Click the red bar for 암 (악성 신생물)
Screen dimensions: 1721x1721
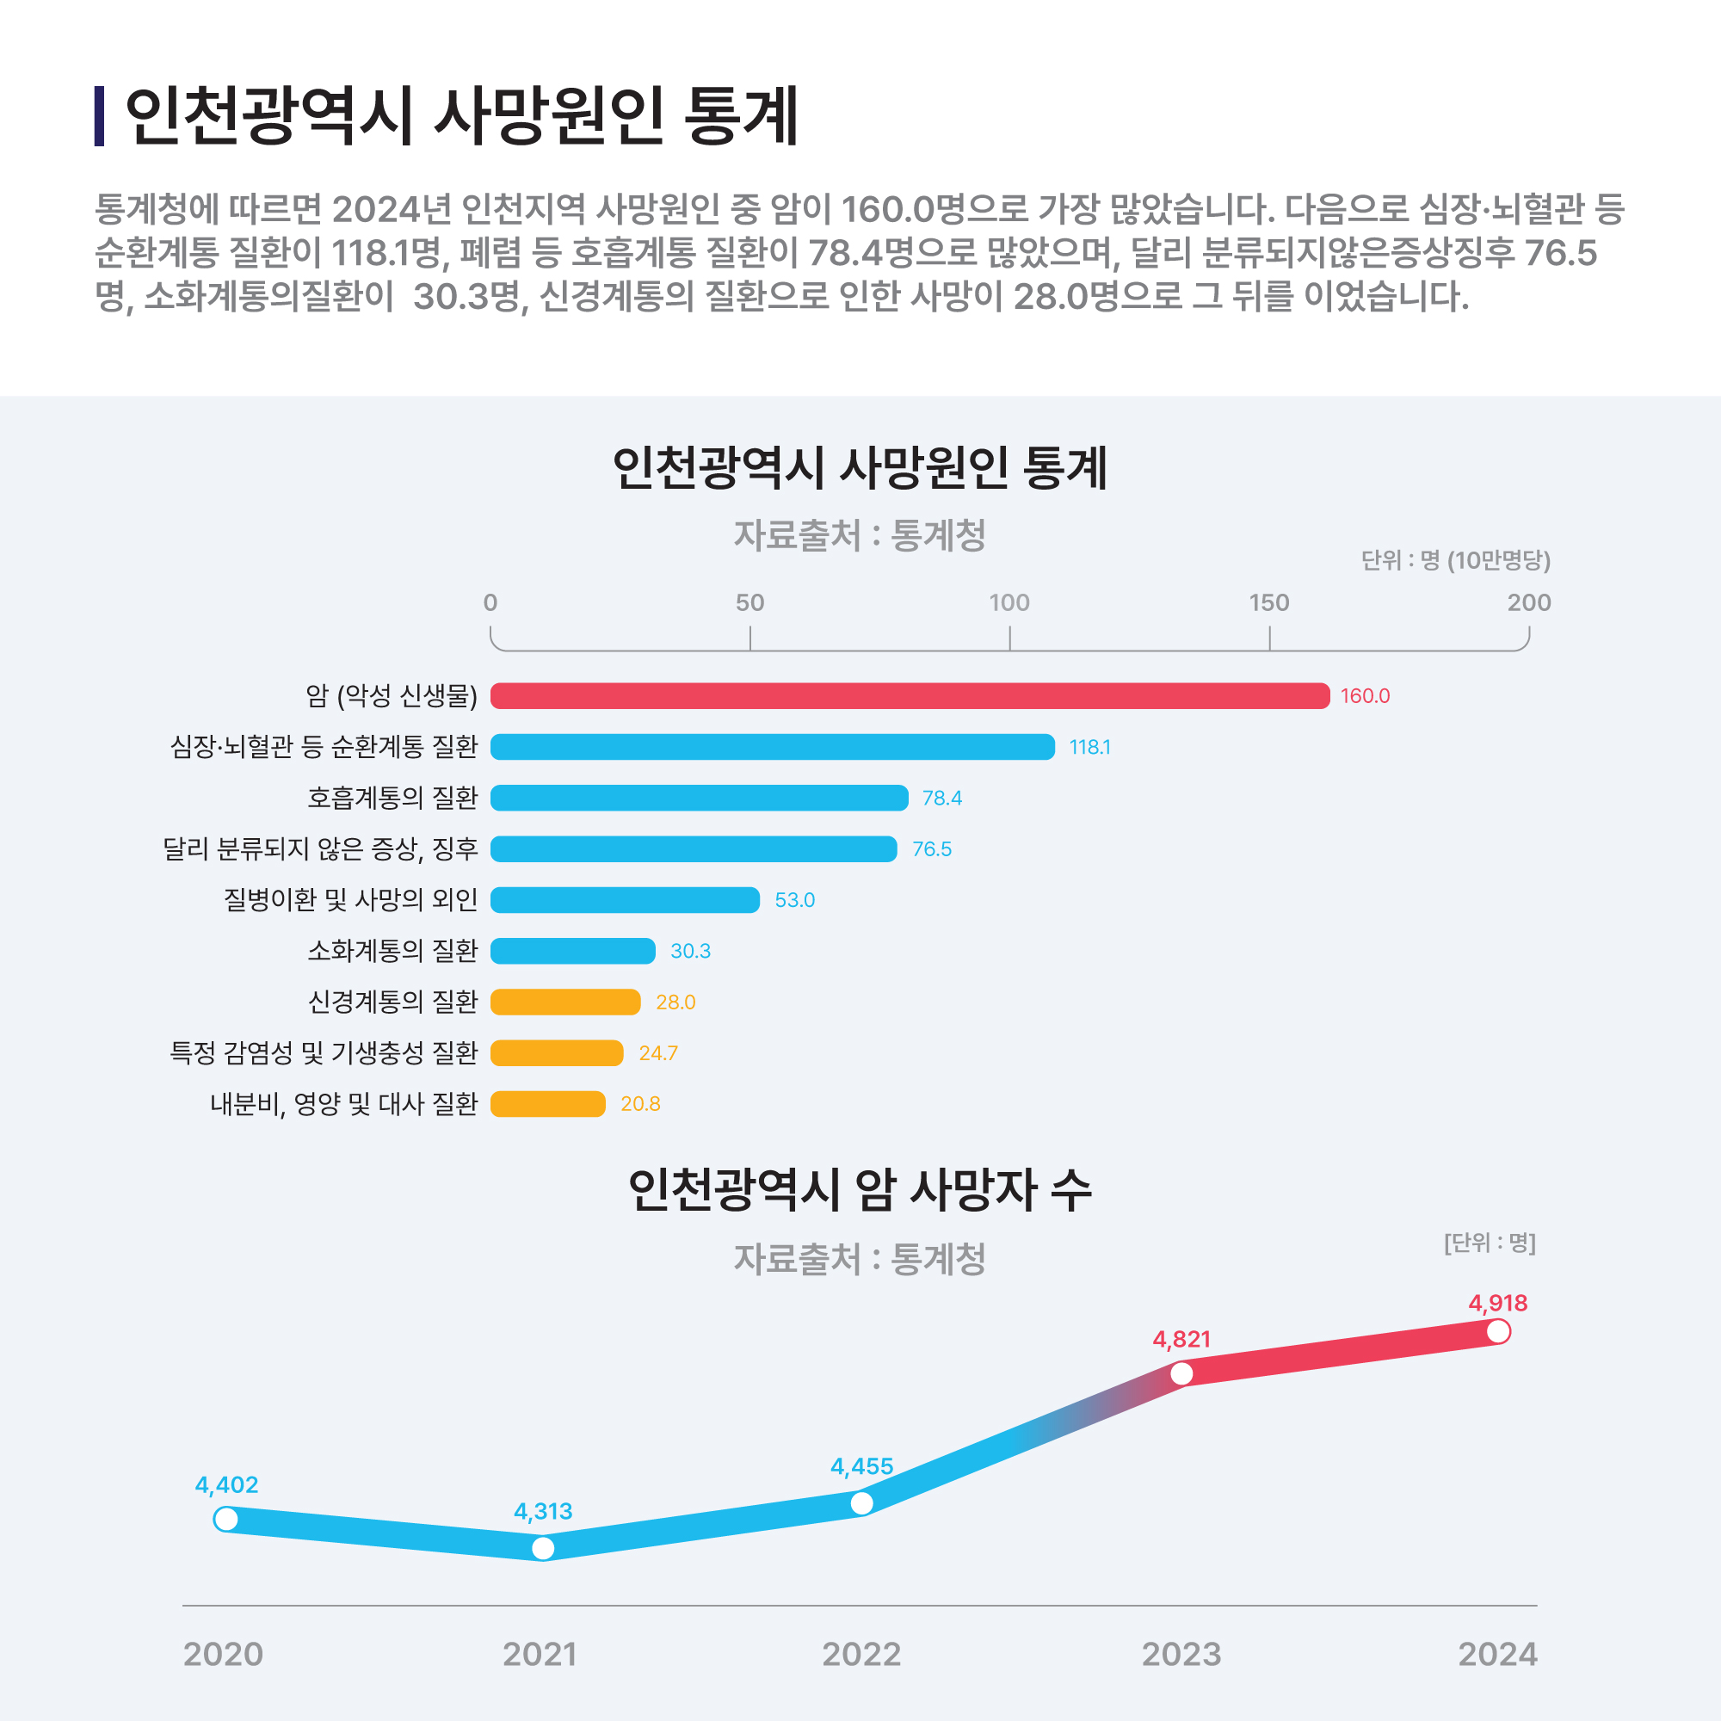click(909, 695)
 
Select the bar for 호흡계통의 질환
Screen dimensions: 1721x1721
click(700, 799)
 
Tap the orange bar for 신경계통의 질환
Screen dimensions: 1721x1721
click(564, 1002)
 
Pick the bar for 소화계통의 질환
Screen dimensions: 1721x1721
click(573, 952)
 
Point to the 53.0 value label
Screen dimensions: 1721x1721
click(794, 901)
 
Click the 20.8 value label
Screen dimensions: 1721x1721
click(639, 1105)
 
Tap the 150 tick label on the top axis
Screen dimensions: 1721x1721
click(1268, 603)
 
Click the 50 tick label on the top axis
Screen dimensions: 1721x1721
click(749, 603)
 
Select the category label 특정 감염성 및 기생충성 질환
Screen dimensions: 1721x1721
click(324, 1053)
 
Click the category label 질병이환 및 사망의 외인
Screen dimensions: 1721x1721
click(350, 900)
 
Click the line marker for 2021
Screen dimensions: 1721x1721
click(542, 1549)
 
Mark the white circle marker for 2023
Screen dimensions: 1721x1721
click(1181, 1373)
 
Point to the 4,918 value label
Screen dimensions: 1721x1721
click(1497, 1303)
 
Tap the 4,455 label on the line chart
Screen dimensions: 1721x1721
click(861, 1466)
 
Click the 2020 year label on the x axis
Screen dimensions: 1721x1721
click(223, 1655)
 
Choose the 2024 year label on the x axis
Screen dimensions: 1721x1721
click(1497, 1655)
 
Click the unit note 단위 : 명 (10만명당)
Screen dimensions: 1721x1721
click(1456, 560)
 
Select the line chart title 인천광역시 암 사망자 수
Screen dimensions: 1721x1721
click(860, 1190)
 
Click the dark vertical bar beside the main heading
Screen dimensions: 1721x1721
click(99, 116)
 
